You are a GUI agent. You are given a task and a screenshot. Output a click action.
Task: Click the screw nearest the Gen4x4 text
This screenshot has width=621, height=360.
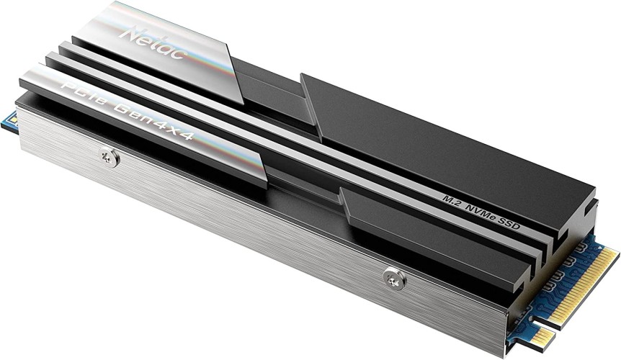[x=110, y=156]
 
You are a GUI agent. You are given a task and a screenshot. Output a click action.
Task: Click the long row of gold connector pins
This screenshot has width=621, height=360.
[x=587, y=277]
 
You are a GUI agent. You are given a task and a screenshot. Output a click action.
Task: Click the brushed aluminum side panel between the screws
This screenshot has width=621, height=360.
[x=245, y=216]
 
